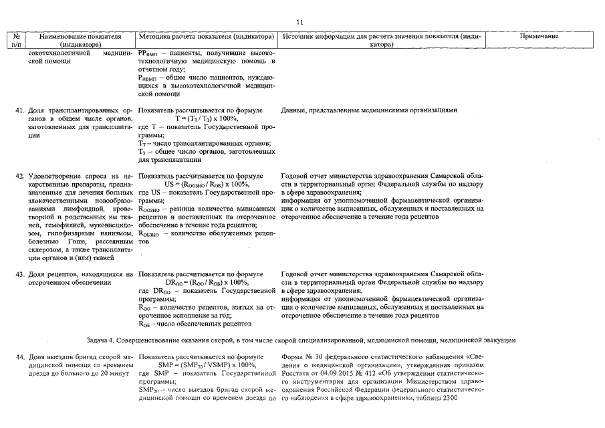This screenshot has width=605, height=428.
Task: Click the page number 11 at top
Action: (x=299, y=21)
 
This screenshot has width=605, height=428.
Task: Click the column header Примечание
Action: (x=539, y=36)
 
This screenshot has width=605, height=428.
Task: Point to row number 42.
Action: (x=20, y=176)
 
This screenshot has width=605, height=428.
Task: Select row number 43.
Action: (x=20, y=274)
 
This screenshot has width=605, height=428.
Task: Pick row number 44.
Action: (x=20, y=357)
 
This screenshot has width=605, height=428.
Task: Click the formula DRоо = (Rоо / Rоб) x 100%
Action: (x=207, y=282)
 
